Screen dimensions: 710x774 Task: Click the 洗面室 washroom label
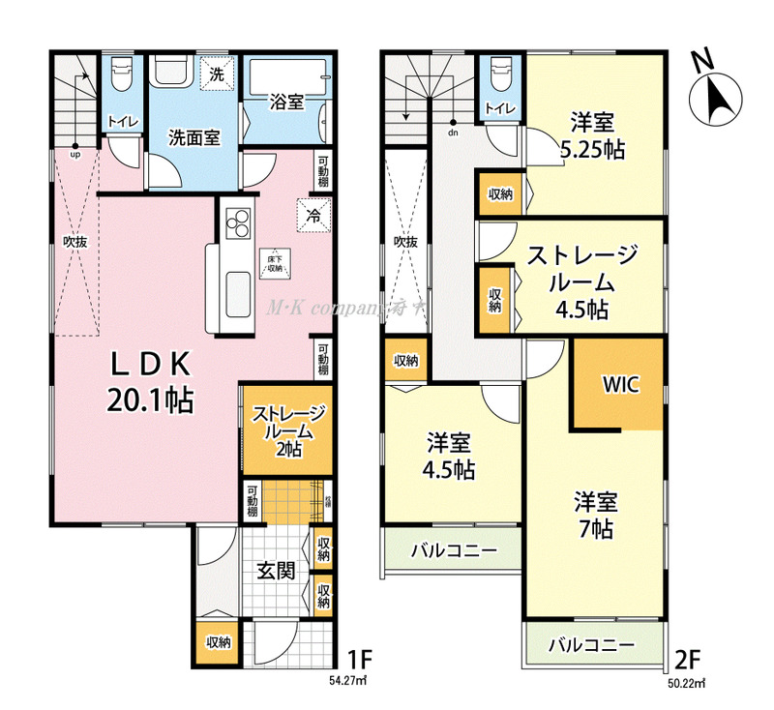click(x=193, y=137)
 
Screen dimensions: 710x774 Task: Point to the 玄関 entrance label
click(x=276, y=571)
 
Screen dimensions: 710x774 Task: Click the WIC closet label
click(x=620, y=383)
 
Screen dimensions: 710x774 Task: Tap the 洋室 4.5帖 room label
click(x=451, y=458)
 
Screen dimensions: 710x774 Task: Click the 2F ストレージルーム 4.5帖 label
click(x=581, y=282)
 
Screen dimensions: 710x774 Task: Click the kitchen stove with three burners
click(x=237, y=224)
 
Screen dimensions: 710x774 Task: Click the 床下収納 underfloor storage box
click(x=275, y=262)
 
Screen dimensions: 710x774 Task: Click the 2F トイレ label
click(x=499, y=108)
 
